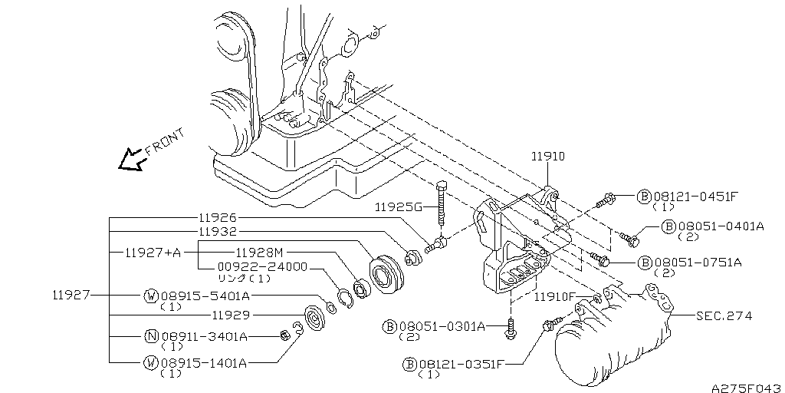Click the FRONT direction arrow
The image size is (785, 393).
pyautogui.click(x=131, y=160)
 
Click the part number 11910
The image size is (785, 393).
pyautogui.click(x=547, y=157)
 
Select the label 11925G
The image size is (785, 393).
pyautogui.click(x=399, y=207)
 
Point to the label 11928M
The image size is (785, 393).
pyautogui.click(x=261, y=252)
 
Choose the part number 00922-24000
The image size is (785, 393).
pyautogui.click(x=263, y=267)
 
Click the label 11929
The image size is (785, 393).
pyautogui.click(x=231, y=315)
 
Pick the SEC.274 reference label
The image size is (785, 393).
pyautogui.click(x=724, y=315)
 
